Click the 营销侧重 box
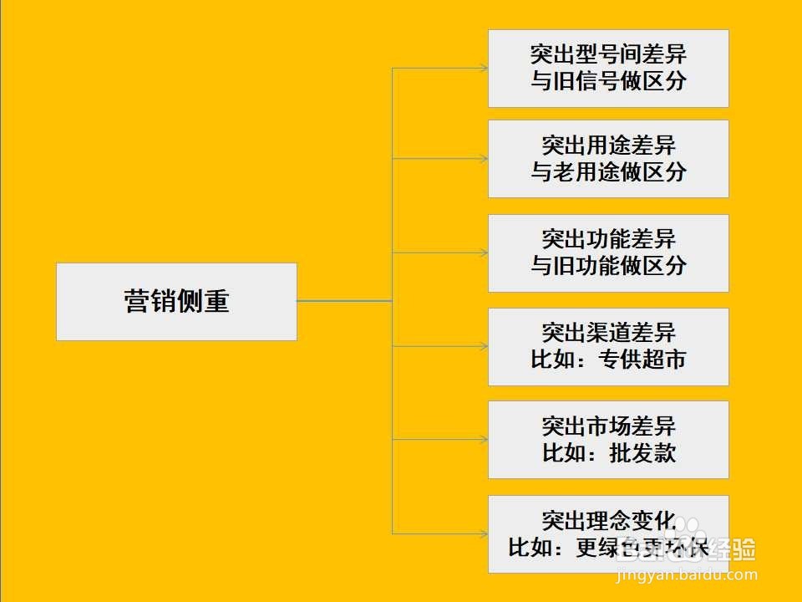pos(176,302)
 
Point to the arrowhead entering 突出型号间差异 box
pos(484,68)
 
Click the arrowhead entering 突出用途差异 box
pos(484,158)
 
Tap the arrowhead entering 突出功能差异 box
pos(484,252)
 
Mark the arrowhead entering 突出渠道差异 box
pos(484,346)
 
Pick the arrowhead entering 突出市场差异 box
pos(484,440)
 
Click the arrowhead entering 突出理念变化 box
pos(484,533)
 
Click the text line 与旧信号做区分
pos(608,82)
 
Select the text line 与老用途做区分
pos(608,172)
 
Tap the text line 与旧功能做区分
pos(608,266)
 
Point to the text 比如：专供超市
pos(608,360)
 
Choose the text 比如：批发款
pos(608,453)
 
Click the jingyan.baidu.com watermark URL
pos(685,575)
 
